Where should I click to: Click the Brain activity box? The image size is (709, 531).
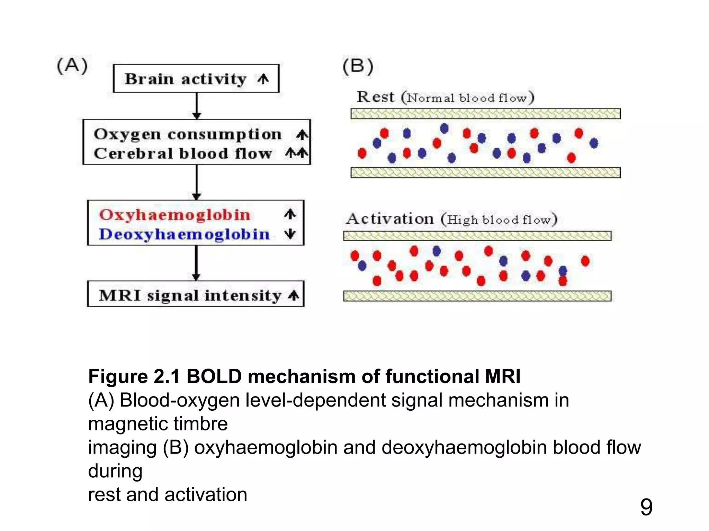click(196, 78)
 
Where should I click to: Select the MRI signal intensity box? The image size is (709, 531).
click(196, 294)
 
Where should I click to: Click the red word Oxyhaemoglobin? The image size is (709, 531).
click(175, 215)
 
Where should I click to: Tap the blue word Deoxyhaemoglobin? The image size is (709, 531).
click(184, 234)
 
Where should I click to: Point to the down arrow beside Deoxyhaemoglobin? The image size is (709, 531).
click(290, 234)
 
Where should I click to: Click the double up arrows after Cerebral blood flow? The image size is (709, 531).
click(297, 153)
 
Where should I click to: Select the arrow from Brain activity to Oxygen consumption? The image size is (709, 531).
click(197, 106)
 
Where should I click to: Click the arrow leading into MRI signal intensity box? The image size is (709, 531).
click(196, 263)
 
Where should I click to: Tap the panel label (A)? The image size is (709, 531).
click(72, 66)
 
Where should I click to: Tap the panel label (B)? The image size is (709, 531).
click(358, 66)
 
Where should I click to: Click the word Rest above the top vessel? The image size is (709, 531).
click(376, 97)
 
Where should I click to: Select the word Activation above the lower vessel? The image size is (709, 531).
click(390, 219)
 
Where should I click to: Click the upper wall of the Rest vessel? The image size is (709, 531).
click(485, 114)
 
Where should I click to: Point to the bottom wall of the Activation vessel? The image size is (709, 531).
click(477, 296)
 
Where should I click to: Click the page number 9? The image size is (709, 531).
click(646, 507)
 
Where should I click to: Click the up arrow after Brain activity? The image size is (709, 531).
click(263, 79)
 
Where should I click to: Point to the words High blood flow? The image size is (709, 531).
click(499, 220)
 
